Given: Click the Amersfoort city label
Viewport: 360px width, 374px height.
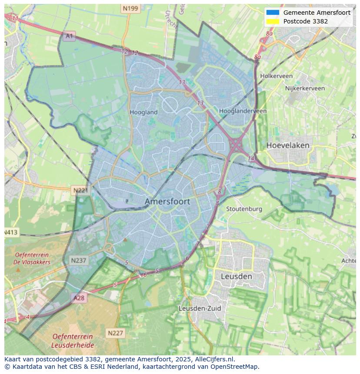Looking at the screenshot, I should point(167,202).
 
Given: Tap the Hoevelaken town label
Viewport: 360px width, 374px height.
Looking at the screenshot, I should point(288,145).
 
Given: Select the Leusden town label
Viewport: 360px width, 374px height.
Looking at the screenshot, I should point(236,276).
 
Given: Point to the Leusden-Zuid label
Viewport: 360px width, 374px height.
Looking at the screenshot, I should point(200,308).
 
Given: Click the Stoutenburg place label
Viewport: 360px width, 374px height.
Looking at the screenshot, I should point(244,209).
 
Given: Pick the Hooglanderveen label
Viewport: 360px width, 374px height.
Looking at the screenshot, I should point(243,111).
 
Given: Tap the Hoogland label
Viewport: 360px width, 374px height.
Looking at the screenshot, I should point(143,112).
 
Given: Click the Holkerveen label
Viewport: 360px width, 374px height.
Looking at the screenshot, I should point(276,76).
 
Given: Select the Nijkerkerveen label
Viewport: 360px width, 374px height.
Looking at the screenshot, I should point(305,88).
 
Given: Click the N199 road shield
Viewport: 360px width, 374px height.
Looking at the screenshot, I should point(130,8).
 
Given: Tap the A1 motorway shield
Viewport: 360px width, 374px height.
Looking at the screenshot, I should point(69,36).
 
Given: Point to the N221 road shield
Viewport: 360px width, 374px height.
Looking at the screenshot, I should point(80,190).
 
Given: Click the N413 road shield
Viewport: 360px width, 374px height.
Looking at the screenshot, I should point(11,232).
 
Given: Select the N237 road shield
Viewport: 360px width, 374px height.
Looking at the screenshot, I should point(78,261).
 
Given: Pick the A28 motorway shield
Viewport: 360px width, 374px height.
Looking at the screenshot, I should point(79,298).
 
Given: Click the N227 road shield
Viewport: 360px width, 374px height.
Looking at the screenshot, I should point(115,333).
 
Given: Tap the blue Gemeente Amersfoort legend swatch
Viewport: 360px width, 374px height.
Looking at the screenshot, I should point(273,13).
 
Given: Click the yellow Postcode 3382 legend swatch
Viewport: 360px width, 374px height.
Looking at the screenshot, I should point(273,21).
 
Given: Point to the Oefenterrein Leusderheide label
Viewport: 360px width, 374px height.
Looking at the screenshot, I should point(73,341).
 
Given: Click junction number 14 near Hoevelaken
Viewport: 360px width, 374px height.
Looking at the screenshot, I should point(251,159).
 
